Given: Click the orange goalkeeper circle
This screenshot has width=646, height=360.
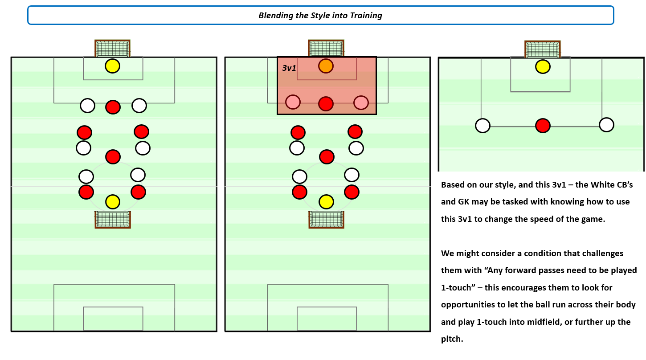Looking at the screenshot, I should coord(326,66).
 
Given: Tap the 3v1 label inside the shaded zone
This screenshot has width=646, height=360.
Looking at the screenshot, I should coord(289,68).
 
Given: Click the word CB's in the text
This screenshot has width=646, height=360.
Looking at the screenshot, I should coord(620,184).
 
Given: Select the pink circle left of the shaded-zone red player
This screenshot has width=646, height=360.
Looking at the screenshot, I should coord(293,102).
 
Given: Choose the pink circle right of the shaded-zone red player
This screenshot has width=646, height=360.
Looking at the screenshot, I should coord(361,102).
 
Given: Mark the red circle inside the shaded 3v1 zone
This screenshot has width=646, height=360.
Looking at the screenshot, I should coord(326,103).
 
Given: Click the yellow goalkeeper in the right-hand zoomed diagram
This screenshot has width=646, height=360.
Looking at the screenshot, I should coord(543,67).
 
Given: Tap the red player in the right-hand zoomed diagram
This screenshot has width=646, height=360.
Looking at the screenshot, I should coord(543,126).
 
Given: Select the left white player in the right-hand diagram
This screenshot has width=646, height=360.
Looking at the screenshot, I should coord(482,126).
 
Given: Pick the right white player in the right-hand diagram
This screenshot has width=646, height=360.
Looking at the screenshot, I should coord(606,125).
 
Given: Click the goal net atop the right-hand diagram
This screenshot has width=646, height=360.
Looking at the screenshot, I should coord(542,49).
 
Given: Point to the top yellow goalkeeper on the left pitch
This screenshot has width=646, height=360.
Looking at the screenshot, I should coord(113,66).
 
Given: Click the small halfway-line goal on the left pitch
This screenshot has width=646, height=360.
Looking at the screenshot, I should coord(113,219).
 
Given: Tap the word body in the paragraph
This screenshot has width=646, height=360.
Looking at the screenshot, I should coord(626,305).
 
